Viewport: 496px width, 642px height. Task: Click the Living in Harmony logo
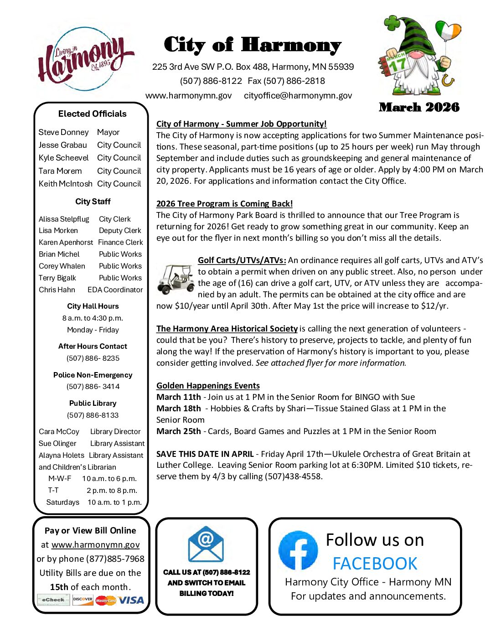[85, 58]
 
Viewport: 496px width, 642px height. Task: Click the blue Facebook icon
[298, 550]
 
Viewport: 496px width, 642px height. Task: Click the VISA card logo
[131, 600]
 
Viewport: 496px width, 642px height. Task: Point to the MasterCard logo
[106, 601]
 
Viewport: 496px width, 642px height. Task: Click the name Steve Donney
[63, 132]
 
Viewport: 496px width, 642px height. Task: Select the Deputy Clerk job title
[120, 231]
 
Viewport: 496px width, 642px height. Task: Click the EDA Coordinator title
[115, 290]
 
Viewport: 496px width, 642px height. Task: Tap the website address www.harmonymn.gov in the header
[188, 96]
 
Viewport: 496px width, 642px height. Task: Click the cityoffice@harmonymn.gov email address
[298, 96]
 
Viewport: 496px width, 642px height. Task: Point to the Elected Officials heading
[92, 114]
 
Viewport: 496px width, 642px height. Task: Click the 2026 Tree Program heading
[224, 204]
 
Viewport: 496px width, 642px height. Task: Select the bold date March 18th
[178, 409]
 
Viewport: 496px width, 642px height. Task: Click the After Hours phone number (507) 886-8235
[93, 358]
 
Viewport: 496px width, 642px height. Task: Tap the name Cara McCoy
[59, 432]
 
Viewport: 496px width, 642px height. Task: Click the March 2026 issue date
[419, 108]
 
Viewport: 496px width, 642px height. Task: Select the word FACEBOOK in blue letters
[375, 564]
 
